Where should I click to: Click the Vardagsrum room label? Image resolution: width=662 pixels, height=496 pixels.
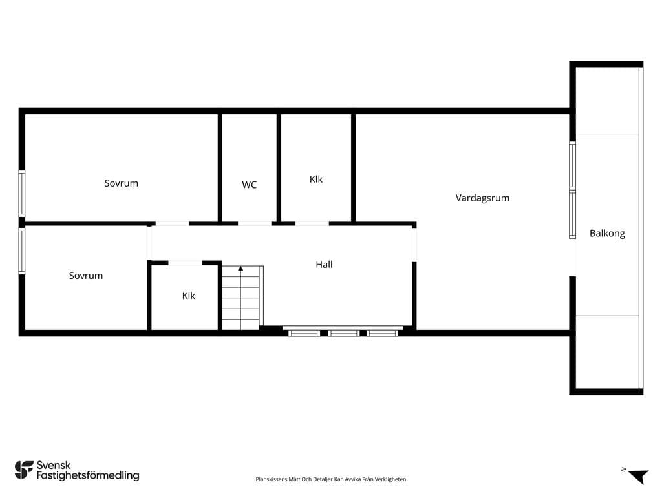[x=482, y=198]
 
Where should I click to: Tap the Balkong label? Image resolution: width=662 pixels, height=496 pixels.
[x=607, y=233]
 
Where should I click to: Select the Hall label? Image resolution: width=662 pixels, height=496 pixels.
[x=325, y=264]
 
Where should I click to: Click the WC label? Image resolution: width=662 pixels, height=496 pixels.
[x=249, y=185]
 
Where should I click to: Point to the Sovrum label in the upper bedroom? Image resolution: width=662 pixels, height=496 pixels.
[x=121, y=183]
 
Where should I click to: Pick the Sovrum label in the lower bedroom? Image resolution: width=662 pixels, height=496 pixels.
[x=86, y=276]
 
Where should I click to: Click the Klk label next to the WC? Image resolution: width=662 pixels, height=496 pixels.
[x=315, y=180]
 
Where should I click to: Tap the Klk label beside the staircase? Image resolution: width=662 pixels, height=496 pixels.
[x=189, y=296]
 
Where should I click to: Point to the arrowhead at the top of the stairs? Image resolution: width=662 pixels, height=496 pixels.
[x=240, y=268]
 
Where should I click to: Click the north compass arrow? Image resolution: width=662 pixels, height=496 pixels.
[x=637, y=476]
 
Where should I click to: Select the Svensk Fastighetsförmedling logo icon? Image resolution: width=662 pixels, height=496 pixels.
[x=24, y=470]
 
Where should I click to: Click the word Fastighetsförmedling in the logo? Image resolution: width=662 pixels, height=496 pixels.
[x=88, y=476]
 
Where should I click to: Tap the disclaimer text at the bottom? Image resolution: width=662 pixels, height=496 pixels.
[x=330, y=479]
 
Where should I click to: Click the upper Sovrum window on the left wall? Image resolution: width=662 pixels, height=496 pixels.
[x=21, y=194]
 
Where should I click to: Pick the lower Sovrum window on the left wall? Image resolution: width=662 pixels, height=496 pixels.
[x=21, y=251]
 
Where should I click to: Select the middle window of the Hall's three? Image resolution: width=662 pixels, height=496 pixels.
[x=344, y=333]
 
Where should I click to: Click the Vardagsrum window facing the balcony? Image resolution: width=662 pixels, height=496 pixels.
[x=573, y=191]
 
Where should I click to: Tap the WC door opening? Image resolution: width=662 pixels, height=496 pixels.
[x=255, y=223]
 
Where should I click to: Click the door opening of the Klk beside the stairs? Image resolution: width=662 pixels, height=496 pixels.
[x=185, y=263]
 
